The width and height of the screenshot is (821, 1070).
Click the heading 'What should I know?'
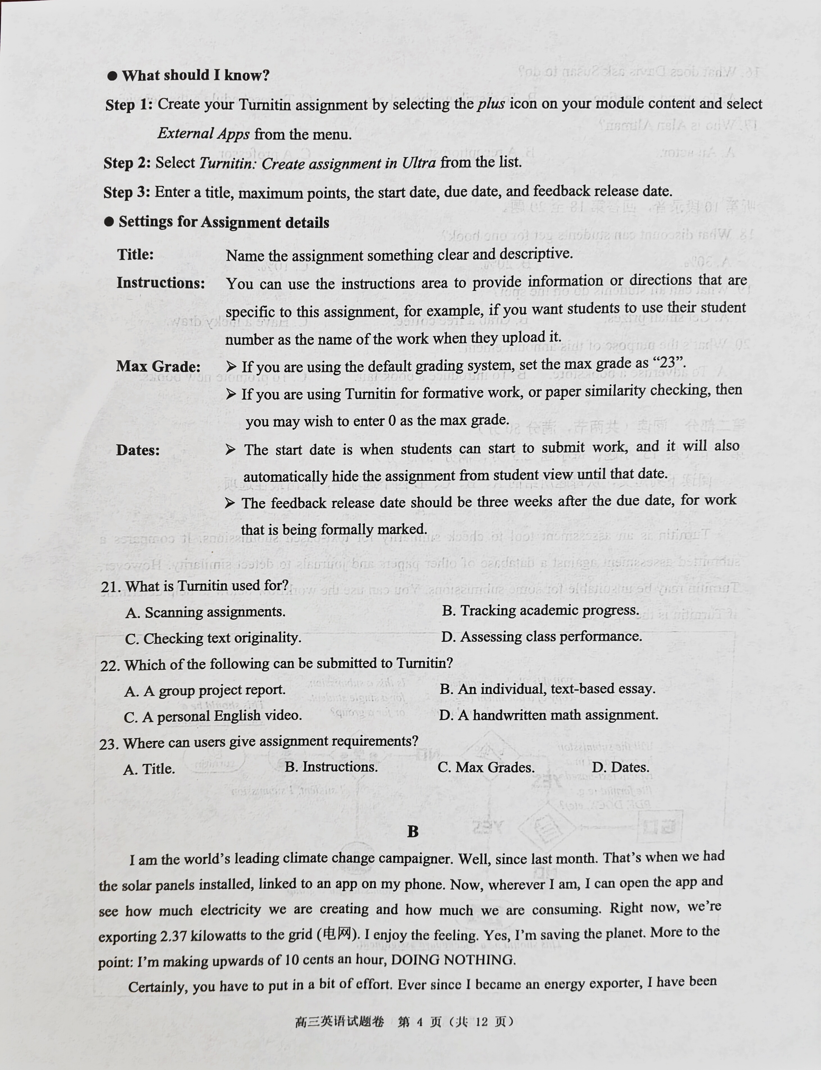195,75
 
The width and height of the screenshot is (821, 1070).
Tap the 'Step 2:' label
127,163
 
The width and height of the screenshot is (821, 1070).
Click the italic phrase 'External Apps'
203,134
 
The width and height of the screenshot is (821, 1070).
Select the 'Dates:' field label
138,450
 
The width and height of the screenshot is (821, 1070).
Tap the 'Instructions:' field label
160,282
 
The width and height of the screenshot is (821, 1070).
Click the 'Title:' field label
135,255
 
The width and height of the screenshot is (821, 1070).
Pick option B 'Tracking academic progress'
540,610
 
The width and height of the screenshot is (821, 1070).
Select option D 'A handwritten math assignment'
548,715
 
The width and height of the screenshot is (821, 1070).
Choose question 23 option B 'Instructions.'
331,767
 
